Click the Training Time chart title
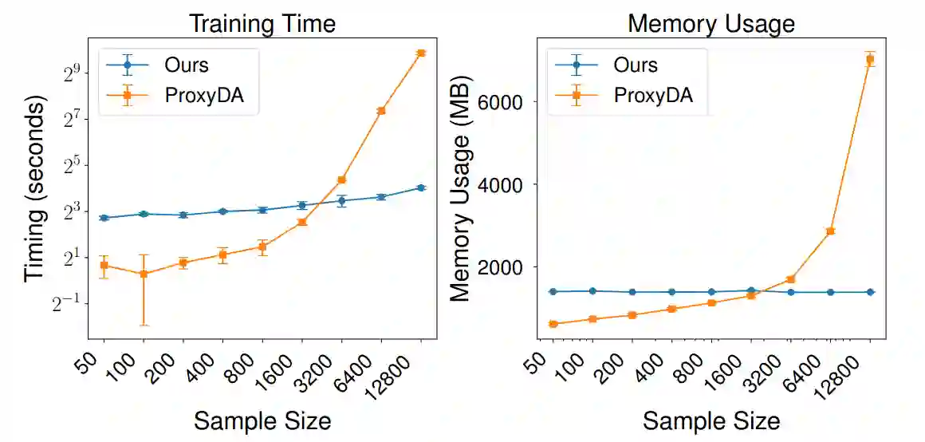[x=262, y=22]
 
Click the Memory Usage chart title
[x=711, y=22]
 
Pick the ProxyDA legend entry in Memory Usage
[x=653, y=96]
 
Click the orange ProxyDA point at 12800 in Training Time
[x=421, y=53]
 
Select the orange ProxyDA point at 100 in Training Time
[x=144, y=274]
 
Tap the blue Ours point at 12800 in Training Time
[x=421, y=187]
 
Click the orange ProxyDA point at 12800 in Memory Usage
[x=870, y=59]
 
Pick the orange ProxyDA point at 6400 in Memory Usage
[x=830, y=231]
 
